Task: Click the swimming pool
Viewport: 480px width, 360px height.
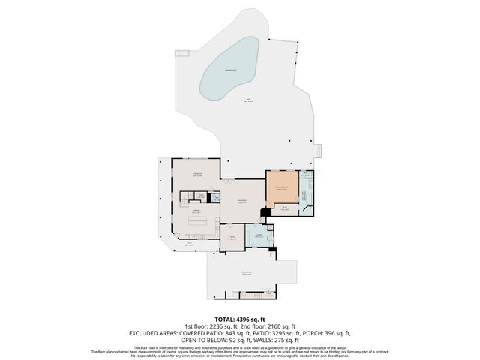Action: point(229,70)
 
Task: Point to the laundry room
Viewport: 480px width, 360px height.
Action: point(259,236)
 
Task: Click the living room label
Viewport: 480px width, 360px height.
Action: point(243,200)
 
